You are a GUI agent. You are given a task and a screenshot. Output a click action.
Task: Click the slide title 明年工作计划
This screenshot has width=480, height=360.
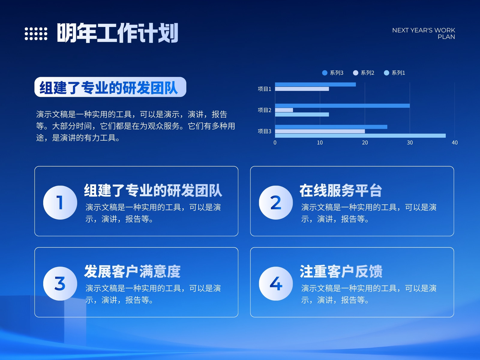click(x=118, y=33)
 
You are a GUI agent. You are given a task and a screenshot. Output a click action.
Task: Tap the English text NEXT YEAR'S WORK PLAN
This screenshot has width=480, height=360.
click(x=424, y=33)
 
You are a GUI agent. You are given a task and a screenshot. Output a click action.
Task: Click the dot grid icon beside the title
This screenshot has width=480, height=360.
click(x=36, y=34)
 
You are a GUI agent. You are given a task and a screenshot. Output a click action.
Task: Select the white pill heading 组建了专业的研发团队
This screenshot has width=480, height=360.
click(x=110, y=87)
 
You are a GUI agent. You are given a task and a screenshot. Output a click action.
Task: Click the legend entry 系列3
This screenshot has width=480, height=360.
click(x=333, y=73)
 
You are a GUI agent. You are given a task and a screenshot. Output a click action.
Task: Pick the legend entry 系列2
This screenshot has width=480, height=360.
click(x=363, y=73)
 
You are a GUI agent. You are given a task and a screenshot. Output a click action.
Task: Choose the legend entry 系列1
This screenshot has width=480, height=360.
click(x=394, y=73)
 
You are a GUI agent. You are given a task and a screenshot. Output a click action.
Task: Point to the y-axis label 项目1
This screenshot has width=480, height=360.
click(x=264, y=89)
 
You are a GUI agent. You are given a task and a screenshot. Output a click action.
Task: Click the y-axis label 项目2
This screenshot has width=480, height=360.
click(x=264, y=110)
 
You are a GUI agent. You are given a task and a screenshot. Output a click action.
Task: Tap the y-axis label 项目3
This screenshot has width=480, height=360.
click(x=264, y=131)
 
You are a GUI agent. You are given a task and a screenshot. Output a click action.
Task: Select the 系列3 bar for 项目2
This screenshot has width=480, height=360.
click(x=342, y=106)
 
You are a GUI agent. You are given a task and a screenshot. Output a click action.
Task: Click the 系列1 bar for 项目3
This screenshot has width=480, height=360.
click(x=360, y=136)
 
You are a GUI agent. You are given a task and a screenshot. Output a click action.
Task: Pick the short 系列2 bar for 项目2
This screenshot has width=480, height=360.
click(x=284, y=110)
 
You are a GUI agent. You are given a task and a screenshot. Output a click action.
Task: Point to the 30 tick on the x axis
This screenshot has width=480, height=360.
click(x=410, y=143)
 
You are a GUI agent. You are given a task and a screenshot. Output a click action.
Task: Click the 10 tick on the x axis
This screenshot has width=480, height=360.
click(x=320, y=143)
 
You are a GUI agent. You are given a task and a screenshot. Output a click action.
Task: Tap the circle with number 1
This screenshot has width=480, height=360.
click(x=60, y=202)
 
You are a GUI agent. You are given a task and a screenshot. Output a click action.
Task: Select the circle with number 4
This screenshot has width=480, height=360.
click(x=276, y=283)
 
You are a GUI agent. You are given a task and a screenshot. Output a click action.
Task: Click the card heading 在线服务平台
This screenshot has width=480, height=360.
click(x=341, y=190)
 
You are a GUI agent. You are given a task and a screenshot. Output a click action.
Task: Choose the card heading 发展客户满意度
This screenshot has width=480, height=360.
click(x=132, y=271)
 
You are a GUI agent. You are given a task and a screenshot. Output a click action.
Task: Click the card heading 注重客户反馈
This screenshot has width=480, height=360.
click(x=341, y=271)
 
